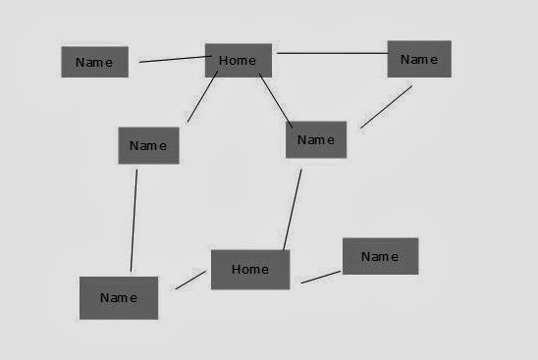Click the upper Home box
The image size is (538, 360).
239,61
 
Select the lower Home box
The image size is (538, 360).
250,270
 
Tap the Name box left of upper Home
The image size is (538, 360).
94,62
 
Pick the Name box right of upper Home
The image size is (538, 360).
419,59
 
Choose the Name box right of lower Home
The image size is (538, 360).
381,256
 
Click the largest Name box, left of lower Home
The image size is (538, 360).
119,298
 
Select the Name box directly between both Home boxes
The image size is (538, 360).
316,139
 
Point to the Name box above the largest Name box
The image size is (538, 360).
148,146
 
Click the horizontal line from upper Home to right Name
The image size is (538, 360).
332,53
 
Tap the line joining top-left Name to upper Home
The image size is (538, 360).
176,59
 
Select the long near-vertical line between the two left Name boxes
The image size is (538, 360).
134,221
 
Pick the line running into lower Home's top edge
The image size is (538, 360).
293,210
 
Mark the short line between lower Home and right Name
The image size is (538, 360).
321,277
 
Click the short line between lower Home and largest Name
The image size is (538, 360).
190,281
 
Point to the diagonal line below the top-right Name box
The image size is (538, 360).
387,107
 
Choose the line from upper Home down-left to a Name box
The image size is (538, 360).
202,96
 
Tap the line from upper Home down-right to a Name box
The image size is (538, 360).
276,101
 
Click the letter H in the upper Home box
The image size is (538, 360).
223,61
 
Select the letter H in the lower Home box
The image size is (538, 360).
236,269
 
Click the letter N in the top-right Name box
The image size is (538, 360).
404,59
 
